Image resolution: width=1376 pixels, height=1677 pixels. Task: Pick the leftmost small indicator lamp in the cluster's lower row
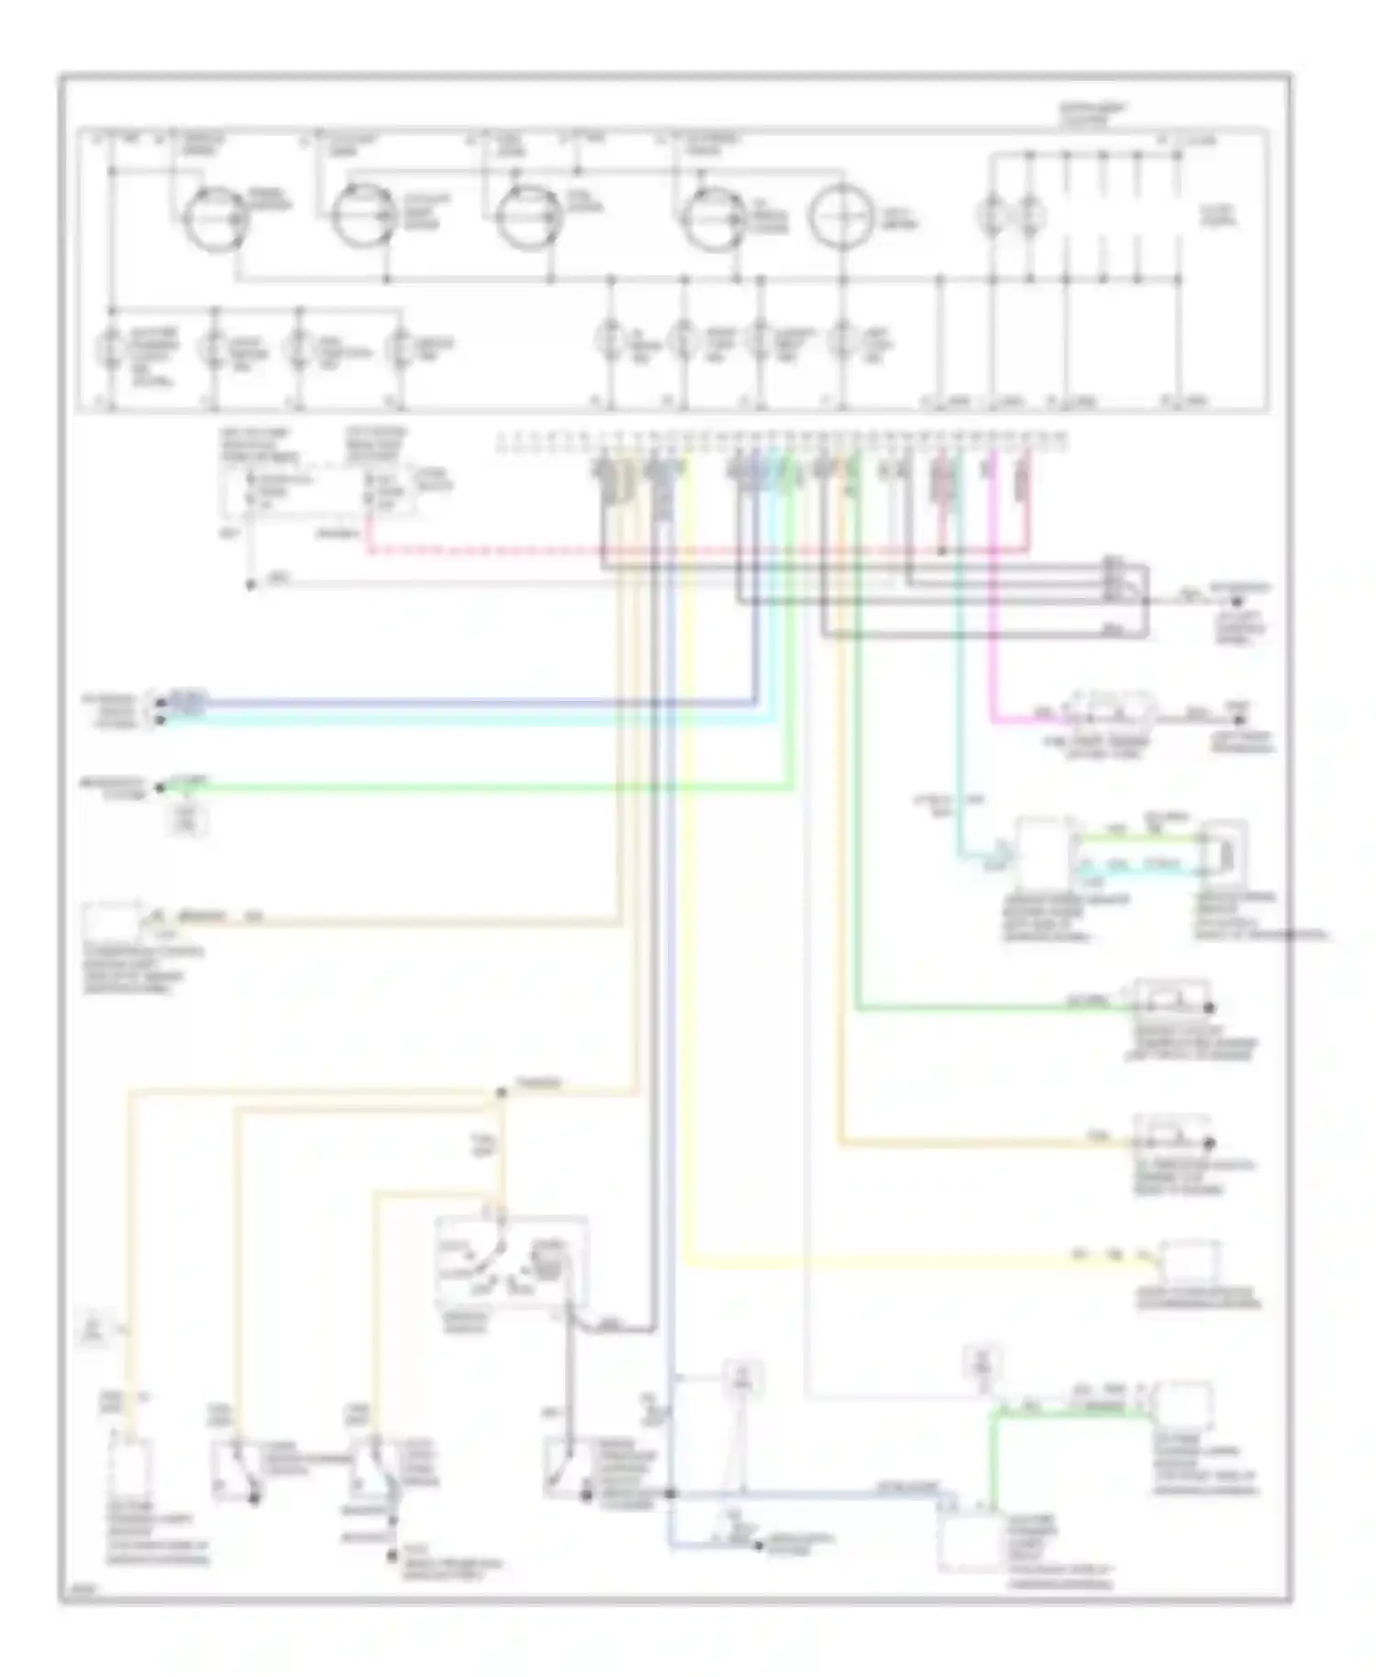(x=111, y=348)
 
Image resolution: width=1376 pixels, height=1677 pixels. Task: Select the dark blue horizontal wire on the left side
(x=459, y=703)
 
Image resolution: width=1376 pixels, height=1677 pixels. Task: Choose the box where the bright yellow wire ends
(x=1190, y=1263)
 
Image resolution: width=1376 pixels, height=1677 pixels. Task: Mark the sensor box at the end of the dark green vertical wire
(x=1171, y=998)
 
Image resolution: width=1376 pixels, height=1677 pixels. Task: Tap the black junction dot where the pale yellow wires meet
(x=500, y=1092)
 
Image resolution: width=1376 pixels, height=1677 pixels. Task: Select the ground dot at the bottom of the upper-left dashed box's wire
(x=250, y=584)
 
